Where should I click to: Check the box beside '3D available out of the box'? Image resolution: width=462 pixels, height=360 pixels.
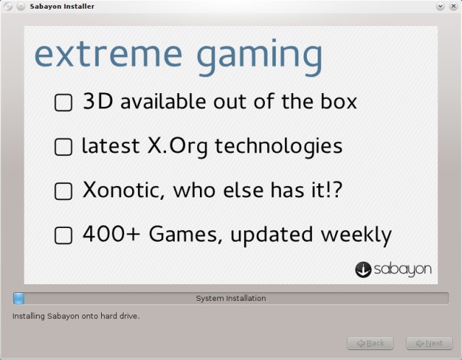[x=64, y=103]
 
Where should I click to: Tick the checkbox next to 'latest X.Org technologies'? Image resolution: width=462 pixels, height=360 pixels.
[x=64, y=147]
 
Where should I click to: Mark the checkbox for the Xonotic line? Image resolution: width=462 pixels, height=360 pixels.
[x=64, y=191]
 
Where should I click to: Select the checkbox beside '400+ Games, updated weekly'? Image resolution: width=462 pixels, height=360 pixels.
[x=64, y=235]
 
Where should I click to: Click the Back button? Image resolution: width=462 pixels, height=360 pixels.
[x=370, y=343]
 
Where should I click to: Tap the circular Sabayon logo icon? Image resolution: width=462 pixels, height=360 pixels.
[x=363, y=269]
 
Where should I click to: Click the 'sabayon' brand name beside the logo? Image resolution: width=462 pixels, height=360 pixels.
[x=403, y=270]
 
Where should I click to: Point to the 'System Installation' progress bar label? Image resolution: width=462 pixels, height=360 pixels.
[x=231, y=298]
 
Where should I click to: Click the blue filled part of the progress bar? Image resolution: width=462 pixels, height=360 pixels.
[x=19, y=298]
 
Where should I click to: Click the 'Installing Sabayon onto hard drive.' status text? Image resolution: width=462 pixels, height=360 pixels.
[x=76, y=316]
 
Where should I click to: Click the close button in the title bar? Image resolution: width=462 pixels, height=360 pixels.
[x=453, y=6]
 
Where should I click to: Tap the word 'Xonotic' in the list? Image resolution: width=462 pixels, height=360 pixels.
[x=115, y=190]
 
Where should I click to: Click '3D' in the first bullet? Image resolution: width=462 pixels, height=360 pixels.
[x=98, y=102]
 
